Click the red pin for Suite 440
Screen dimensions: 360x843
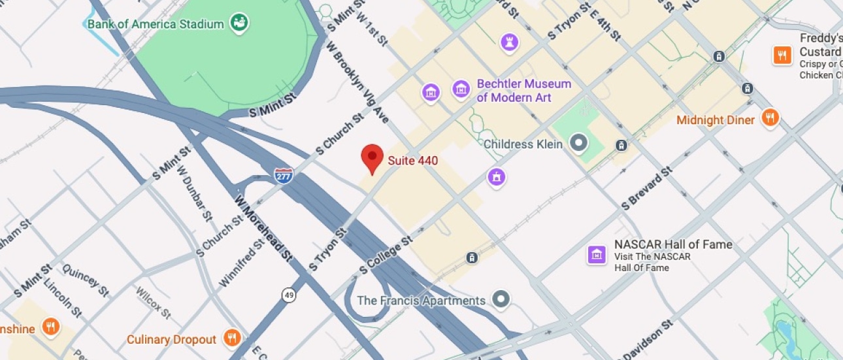(372, 158)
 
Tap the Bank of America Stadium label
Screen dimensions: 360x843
(156, 24)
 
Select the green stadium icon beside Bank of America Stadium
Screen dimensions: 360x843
(240, 24)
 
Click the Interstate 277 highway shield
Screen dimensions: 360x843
(284, 175)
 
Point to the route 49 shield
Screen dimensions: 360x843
(289, 295)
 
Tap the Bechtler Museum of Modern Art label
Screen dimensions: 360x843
(523, 91)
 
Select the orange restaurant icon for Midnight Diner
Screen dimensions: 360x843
(770, 118)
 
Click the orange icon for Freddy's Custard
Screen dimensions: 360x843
(782, 55)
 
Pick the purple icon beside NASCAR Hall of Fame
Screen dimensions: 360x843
(597, 255)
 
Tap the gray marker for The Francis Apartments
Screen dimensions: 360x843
(501, 299)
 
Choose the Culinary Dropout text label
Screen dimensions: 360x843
(171, 339)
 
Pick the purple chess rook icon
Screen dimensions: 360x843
(509, 43)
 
